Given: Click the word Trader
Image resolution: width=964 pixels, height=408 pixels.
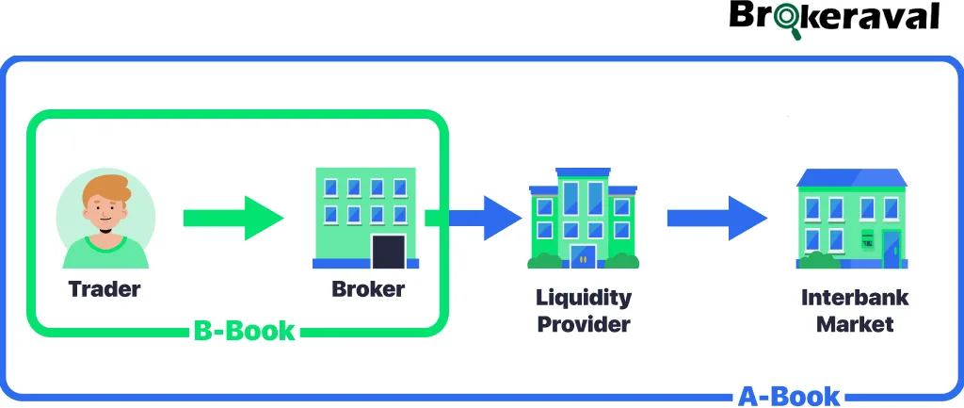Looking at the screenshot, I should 104,288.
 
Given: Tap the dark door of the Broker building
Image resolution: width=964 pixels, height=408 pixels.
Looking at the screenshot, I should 388,252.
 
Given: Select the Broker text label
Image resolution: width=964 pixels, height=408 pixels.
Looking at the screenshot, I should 368,288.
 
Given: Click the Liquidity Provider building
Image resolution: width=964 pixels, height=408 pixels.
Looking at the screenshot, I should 583,219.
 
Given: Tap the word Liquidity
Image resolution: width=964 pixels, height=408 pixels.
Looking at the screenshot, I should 584,298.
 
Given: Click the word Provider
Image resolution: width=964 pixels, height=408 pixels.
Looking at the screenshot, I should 584,325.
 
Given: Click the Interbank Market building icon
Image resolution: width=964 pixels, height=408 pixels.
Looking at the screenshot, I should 850,219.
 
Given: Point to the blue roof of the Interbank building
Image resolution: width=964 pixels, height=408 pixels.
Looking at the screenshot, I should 851,177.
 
